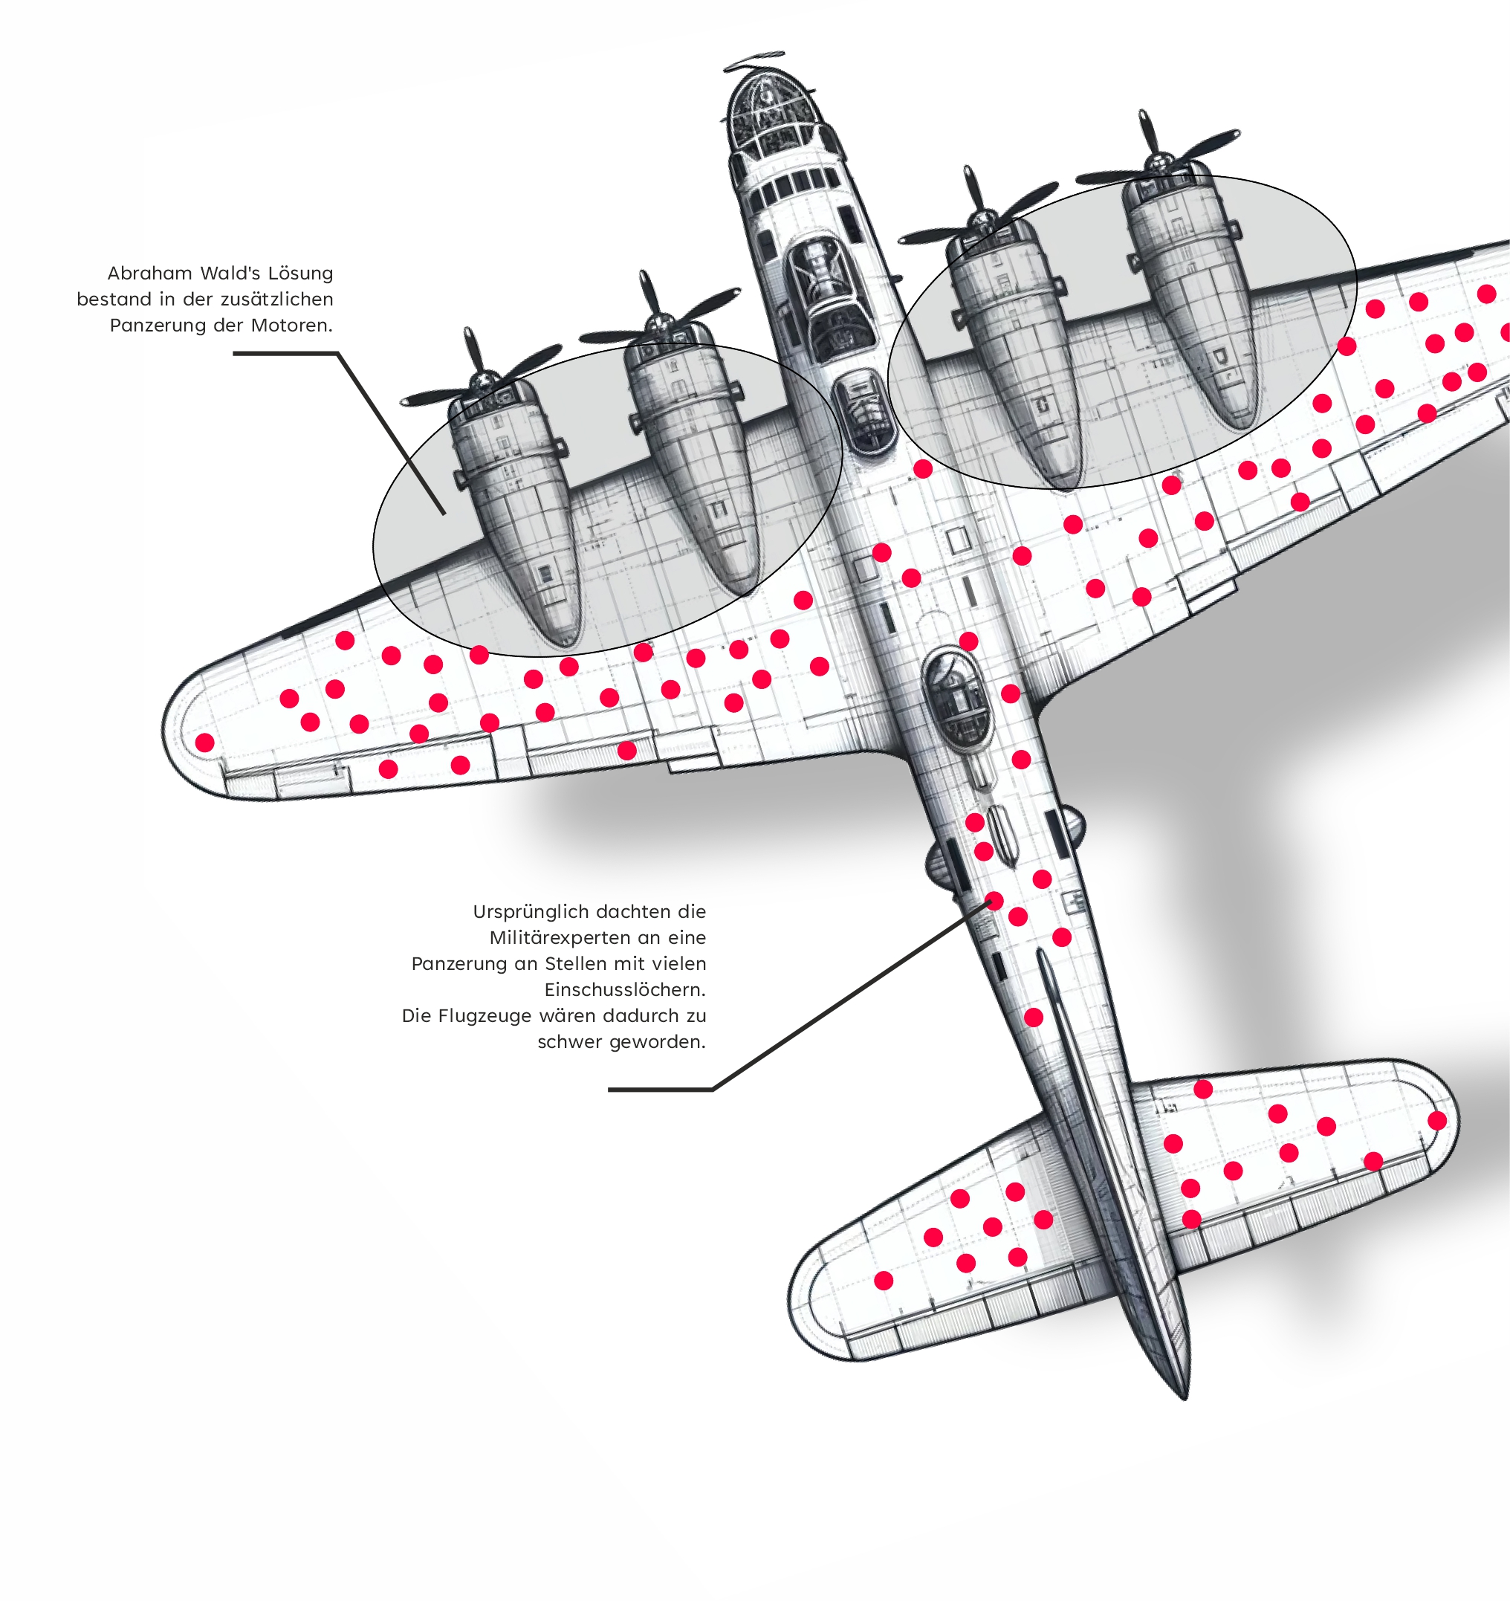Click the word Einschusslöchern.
[625, 990]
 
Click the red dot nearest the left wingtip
[205, 743]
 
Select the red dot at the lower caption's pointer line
[994, 900]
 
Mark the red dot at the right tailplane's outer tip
[1436, 1120]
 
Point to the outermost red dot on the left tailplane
[884, 1281]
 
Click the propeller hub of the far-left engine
[483, 378]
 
